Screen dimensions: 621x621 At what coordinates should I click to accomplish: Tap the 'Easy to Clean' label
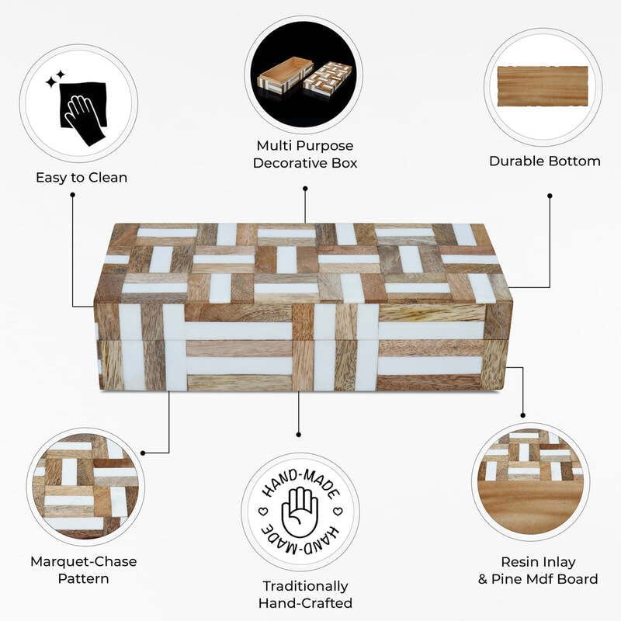coord(82,178)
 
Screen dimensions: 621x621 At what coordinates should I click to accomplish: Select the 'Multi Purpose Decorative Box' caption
coord(304,154)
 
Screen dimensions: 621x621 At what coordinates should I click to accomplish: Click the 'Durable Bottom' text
coord(544,161)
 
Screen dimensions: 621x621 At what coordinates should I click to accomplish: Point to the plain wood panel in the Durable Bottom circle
coord(543,86)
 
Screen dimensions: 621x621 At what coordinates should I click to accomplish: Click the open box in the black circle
coord(280,78)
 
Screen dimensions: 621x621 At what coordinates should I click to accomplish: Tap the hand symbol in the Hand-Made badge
coord(300,513)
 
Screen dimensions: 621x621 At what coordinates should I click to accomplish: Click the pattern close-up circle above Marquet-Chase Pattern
coord(86,487)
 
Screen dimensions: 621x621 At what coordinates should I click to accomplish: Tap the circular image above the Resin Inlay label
coord(530,482)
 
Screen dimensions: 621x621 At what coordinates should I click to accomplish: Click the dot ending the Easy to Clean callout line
coord(72,195)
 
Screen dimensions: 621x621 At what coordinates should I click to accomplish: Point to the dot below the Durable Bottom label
coord(550,196)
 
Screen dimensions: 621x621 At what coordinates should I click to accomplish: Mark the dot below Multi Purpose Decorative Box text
coord(305,188)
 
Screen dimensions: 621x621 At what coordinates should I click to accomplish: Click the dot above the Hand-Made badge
coord(299,436)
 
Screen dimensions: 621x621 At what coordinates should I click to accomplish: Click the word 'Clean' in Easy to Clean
coord(107,178)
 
